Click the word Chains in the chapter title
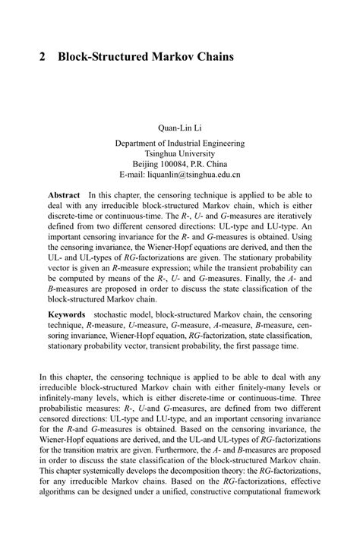[x=214, y=56]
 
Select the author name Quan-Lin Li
[x=180, y=127]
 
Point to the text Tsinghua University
[x=180, y=153]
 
